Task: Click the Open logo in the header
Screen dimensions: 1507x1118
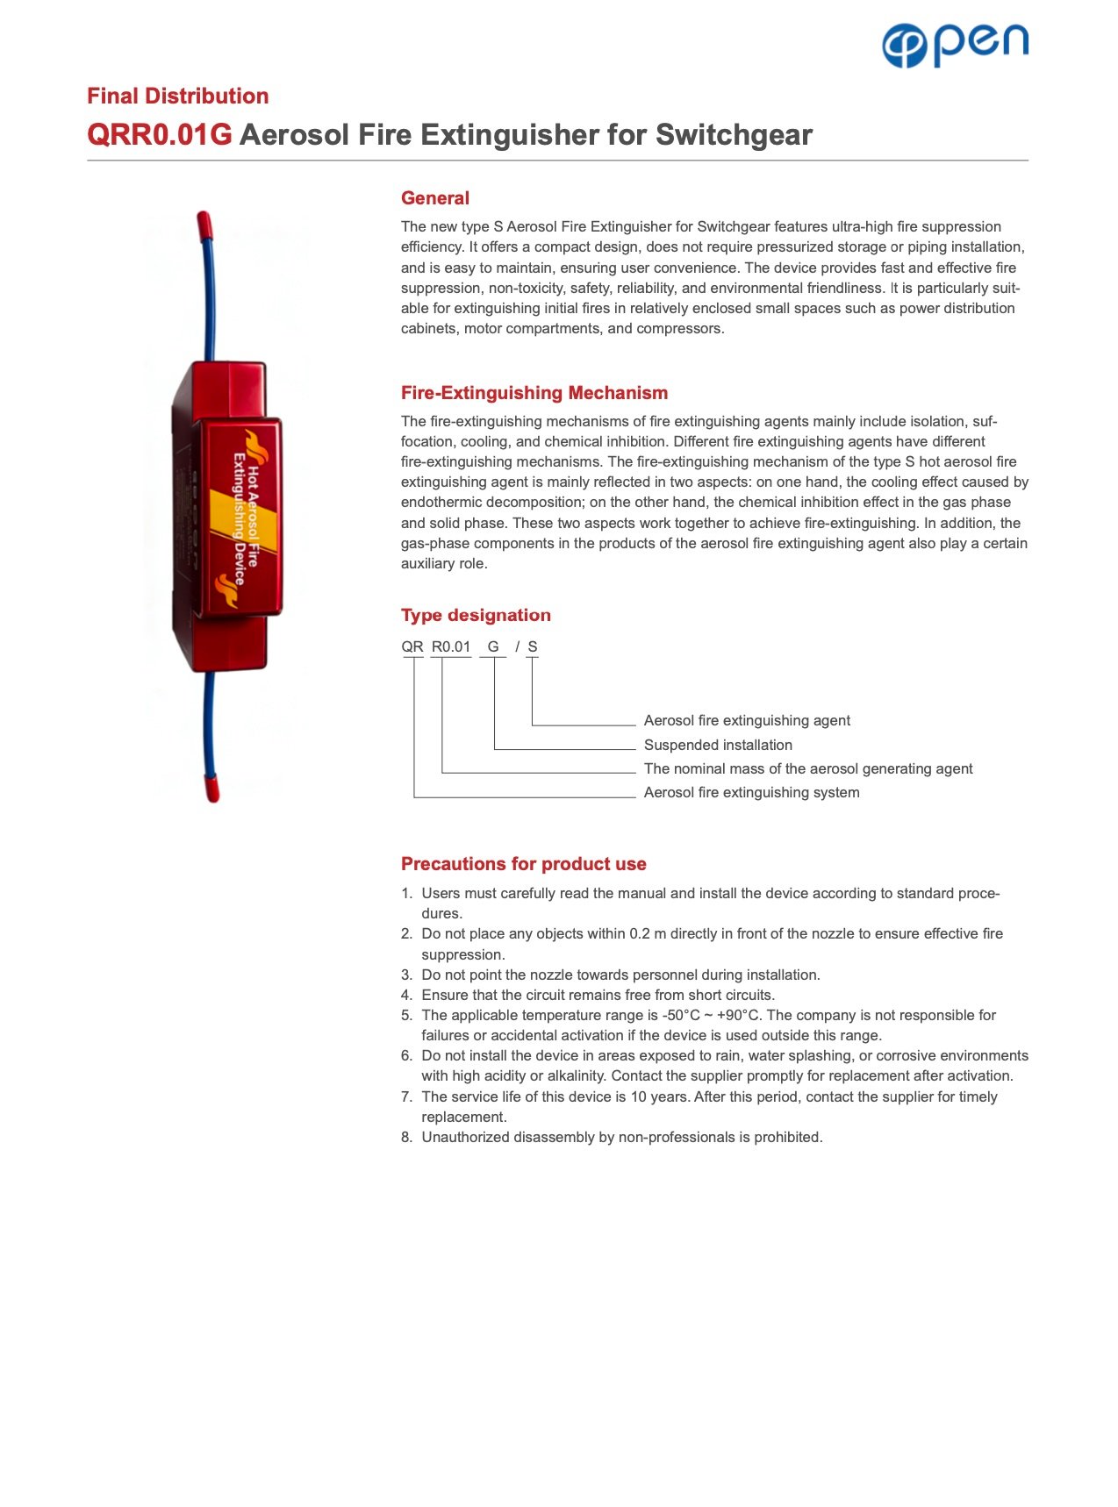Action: click(x=955, y=45)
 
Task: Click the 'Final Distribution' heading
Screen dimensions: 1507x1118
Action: click(x=177, y=96)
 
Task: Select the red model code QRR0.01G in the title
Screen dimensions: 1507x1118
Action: click(x=159, y=135)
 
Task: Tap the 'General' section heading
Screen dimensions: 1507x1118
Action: click(x=434, y=198)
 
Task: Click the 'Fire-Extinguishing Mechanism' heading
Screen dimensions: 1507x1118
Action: click(x=534, y=393)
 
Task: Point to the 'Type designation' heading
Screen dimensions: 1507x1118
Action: click(x=476, y=615)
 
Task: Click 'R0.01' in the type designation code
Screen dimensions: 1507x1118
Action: click(x=451, y=646)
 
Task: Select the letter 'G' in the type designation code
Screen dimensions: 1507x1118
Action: click(x=493, y=646)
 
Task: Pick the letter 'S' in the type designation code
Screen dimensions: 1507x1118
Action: click(x=533, y=646)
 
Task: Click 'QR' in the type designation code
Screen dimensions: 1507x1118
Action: click(x=412, y=646)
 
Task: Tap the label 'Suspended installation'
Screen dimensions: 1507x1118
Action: click(x=718, y=745)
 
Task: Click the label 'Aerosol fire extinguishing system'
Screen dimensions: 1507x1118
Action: click(x=751, y=792)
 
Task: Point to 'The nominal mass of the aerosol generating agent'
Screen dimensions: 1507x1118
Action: click(x=807, y=768)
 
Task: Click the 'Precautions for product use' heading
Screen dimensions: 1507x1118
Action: click(x=523, y=864)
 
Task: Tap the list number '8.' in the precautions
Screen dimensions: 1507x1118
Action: click(x=406, y=1137)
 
